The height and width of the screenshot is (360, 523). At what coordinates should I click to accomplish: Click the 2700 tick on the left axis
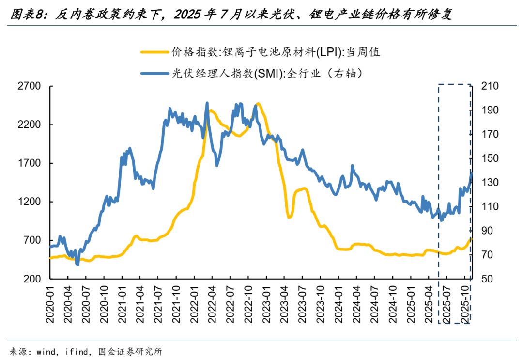coord(29,86)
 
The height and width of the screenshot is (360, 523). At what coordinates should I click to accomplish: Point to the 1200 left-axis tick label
coord(29,202)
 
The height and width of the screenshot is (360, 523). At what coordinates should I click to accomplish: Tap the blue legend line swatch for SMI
coord(154,73)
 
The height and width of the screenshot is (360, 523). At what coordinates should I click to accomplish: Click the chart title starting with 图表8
coord(231,14)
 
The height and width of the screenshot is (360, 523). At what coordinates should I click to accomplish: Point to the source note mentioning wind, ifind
coord(86,351)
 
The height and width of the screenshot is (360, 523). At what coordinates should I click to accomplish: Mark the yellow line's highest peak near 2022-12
coord(258,104)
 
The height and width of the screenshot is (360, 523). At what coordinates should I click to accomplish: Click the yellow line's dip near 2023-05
coord(290,217)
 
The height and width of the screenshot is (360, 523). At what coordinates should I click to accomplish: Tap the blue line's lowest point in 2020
coord(77,264)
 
